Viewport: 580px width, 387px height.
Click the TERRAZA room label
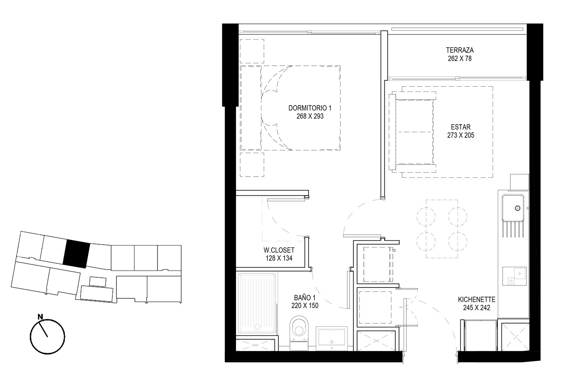(460, 50)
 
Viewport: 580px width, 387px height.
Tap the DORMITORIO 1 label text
(310, 108)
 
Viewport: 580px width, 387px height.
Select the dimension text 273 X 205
(461, 135)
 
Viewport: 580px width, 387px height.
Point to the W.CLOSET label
(279, 250)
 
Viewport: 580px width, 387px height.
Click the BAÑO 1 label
(305, 298)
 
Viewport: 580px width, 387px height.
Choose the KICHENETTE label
(477, 300)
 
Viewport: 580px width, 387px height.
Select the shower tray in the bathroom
(257, 303)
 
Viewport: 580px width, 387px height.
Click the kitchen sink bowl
(513, 208)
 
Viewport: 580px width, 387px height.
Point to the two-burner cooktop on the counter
(514, 276)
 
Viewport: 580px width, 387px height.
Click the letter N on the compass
(40, 316)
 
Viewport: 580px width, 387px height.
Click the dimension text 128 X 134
(279, 258)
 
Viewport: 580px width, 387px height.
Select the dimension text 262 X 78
(460, 58)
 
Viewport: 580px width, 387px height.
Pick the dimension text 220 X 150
(305, 306)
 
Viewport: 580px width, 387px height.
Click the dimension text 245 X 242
(477, 308)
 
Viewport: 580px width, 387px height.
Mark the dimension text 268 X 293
(310, 116)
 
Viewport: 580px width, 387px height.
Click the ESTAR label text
(461, 127)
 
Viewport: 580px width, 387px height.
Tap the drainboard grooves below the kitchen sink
(513, 229)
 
